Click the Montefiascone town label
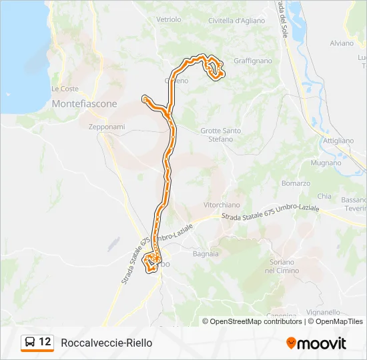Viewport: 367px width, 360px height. (x=84, y=104)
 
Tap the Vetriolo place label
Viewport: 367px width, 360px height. (x=168, y=19)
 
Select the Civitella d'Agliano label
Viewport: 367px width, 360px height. (x=236, y=21)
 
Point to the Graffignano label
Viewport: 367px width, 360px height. (x=253, y=61)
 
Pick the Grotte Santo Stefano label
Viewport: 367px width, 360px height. (x=221, y=135)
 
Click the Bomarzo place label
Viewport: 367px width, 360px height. (x=296, y=183)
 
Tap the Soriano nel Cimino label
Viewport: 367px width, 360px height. (x=282, y=267)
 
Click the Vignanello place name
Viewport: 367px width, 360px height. (x=325, y=311)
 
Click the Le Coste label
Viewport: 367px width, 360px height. (x=65, y=89)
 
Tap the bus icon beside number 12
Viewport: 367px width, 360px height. (x=30, y=343)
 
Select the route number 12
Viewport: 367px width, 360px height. (x=45, y=342)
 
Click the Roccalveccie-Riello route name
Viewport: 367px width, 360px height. (x=106, y=343)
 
